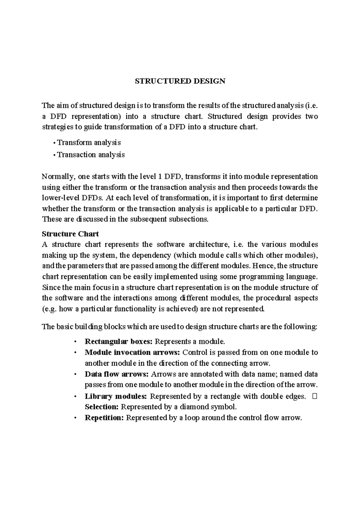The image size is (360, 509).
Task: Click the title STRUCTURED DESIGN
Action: pos(180,81)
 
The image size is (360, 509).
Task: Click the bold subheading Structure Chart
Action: pos(70,234)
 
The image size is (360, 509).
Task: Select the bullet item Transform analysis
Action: pos(89,143)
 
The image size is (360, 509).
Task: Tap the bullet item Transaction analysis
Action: pos(91,155)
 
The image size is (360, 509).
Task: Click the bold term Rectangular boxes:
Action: pos(119,341)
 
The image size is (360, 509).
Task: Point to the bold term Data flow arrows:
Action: pos(117,374)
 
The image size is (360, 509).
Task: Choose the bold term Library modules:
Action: pos(116,396)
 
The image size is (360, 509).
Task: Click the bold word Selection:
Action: pos(102,407)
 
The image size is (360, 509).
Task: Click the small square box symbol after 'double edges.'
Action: pos(314,396)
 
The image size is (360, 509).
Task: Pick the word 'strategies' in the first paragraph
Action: pos(57,127)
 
